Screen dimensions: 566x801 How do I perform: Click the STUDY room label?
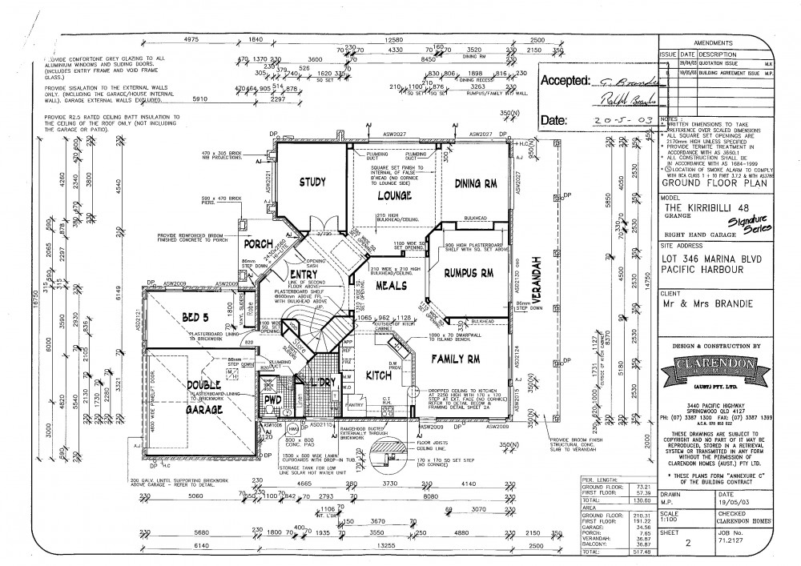[x=312, y=183]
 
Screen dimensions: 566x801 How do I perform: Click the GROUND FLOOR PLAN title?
[x=706, y=181]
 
